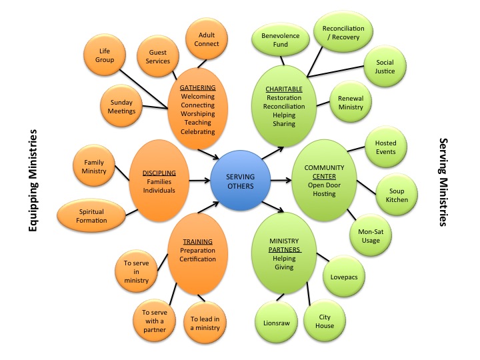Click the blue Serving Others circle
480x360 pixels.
coord(240,181)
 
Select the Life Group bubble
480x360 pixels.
coord(105,55)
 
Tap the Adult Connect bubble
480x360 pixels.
coord(207,39)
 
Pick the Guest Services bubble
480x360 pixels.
coord(158,57)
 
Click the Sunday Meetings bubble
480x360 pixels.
coord(122,106)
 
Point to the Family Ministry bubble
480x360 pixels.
coord(94,167)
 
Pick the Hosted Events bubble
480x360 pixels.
coord(385,147)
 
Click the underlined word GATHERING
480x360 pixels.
coord(197,87)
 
